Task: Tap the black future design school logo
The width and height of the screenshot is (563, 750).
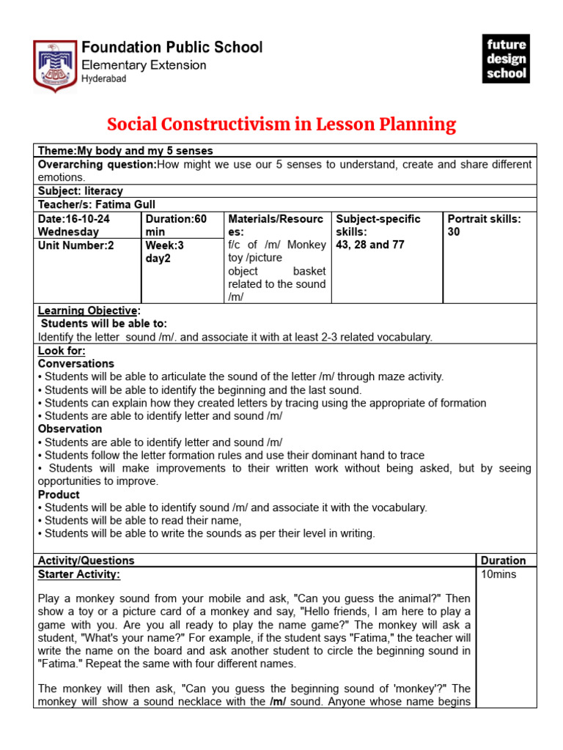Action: (507, 59)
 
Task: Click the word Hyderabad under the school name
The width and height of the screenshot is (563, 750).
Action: (103, 79)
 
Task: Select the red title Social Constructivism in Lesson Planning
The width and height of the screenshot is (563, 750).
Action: (281, 125)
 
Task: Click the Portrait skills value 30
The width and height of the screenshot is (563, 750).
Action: (454, 232)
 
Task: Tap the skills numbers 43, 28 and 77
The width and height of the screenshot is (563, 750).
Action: (369, 245)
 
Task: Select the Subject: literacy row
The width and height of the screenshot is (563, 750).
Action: (81, 191)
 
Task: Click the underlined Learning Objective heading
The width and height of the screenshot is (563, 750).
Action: (87, 311)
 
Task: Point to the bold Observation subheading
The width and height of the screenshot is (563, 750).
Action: (70, 429)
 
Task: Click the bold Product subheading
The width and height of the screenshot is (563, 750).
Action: (59, 494)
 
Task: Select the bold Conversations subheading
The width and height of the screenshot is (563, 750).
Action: (76, 363)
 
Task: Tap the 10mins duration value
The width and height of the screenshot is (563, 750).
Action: (498, 574)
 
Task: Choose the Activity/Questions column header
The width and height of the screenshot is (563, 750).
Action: (86, 560)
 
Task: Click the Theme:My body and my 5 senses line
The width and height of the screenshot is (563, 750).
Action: (125, 150)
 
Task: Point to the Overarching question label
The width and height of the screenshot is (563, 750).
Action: (97, 164)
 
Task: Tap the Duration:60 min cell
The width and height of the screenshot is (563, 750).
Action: (176, 226)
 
